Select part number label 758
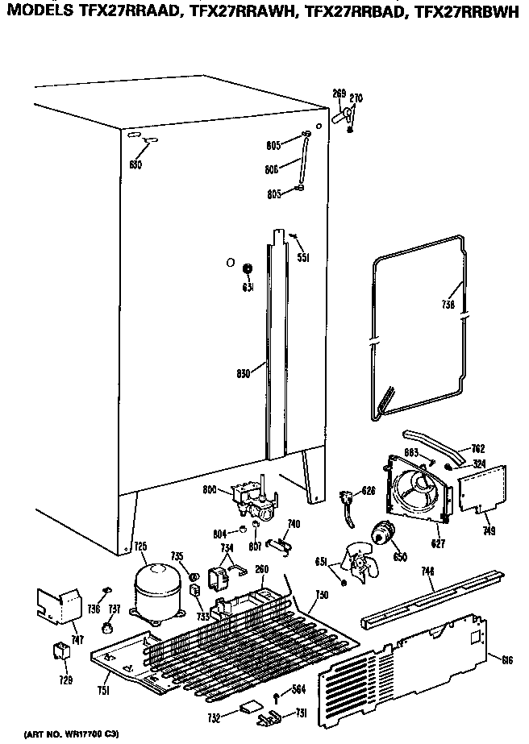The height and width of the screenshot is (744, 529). (448, 305)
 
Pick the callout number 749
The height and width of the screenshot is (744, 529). (489, 531)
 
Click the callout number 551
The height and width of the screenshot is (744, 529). (303, 258)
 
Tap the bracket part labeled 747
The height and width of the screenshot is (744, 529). (59, 605)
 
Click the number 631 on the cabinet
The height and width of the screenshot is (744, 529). (248, 287)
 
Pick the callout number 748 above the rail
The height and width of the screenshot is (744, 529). (428, 572)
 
